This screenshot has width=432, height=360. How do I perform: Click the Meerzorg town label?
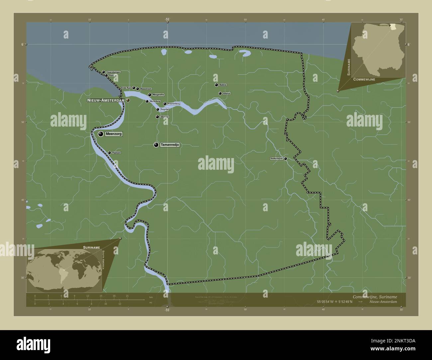pyautogui.click(x=114, y=134)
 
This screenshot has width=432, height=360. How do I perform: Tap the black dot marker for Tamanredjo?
pyautogui.click(x=156, y=145)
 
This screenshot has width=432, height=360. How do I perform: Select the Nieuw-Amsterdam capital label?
pyautogui.click(x=106, y=100)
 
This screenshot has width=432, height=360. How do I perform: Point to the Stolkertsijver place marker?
pyautogui.click(x=285, y=159)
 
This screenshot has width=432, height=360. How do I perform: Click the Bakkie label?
pyautogui.click(x=223, y=85)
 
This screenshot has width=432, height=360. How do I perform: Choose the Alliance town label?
pyautogui.click(x=227, y=93)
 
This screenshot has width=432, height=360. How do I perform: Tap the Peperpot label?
pyautogui.click(x=116, y=153)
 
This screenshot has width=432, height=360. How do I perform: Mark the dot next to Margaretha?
pyautogui.click(x=150, y=95)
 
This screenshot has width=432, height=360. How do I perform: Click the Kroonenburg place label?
pyautogui.click(x=174, y=104)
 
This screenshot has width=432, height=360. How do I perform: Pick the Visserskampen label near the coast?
pyautogui.click(x=113, y=72)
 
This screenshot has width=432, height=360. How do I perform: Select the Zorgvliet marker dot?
pyautogui.click(x=158, y=109)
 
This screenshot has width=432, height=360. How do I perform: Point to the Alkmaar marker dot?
pyautogui.click(x=157, y=117)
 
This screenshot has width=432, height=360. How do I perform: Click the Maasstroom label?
pyautogui.click(x=146, y=89)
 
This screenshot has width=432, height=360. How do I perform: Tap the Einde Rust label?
pyautogui.click(x=126, y=88)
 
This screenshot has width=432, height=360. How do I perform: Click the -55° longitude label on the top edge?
pyautogui.click(x=167, y=20)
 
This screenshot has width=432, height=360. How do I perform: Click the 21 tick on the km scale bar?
pyautogui.click(x=127, y=296)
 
